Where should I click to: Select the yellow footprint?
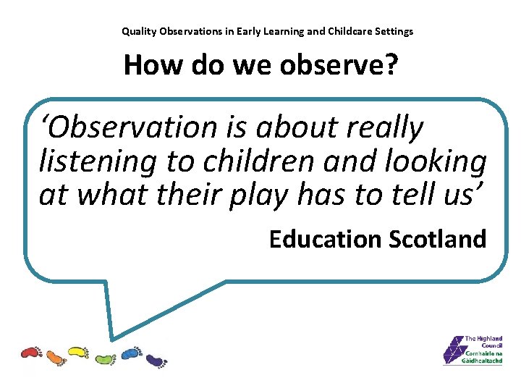coord(78,353)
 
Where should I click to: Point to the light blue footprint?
coord(130,353)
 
